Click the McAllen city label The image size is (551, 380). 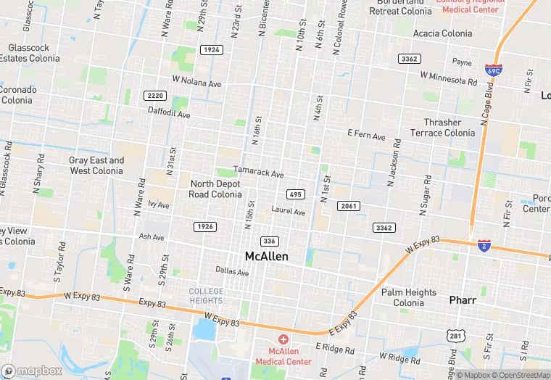pyautogui.click(x=266, y=257)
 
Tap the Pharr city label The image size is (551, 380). pyautogui.click(x=462, y=299)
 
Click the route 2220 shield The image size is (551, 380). pyautogui.click(x=154, y=96)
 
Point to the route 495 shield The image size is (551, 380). pyautogui.click(x=295, y=194)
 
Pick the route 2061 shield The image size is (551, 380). pyautogui.click(x=349, y=206)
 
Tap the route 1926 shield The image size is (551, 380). pyautogui.click(x=205, y=227)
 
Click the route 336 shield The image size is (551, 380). pyautogui.click(x=270, y=241)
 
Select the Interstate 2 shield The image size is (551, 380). pyautogui.click(x=484, y=247)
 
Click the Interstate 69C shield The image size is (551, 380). pyautogui.click(x=493, y=71)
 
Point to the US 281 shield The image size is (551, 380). pyautogui.click(x=454, y=336)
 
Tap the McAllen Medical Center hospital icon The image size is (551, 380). pyautogui.click(x=283, y=339)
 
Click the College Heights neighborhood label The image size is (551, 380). pyautogui.click(x=206, y=296)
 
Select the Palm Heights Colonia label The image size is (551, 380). pyautogui.click(x=409, y=298)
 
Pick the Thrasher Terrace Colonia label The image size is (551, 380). pyautogui.click(x=442, y=128)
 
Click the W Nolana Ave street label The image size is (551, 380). pyautogui.click(x=196, y=83)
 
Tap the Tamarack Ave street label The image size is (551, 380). pyautogui.click(x=259, y=173)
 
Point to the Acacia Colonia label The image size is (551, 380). pyautogui.click(x=442, y=33)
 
